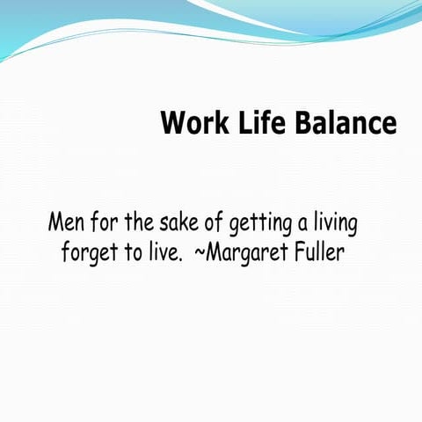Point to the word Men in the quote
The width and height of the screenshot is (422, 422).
66,222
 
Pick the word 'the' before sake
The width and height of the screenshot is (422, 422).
137,222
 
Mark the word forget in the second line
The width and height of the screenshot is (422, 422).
88,254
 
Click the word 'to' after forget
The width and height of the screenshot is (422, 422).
132,254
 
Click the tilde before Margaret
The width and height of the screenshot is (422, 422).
199,254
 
